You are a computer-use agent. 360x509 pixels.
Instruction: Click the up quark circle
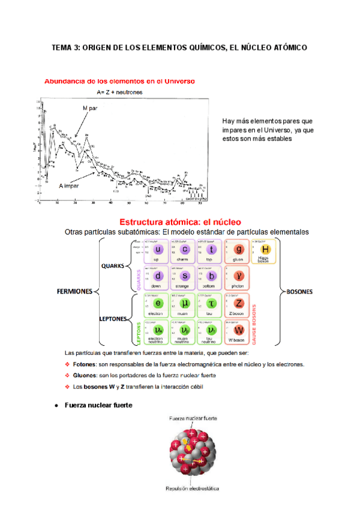(x=159, y=250)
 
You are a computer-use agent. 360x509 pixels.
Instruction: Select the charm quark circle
(x=185, y=250)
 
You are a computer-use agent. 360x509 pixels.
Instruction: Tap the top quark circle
(x=212, y=250)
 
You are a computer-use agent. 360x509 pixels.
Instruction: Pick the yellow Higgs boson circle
(x=266, y=250)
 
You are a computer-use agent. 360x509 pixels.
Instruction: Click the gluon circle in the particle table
(x=239, y=250)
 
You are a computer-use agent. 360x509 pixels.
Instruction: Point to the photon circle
(x=239, y=276)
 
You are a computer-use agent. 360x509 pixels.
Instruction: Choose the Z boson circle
(x=239, y=303)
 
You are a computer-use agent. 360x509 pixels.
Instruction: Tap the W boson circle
(x=239, y=330)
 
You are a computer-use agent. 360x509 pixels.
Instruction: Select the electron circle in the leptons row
(x=159, y=303)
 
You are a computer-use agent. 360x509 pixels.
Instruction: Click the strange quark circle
(x=185, y=277)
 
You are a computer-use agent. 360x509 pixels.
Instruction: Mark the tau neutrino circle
(x=212, y=330)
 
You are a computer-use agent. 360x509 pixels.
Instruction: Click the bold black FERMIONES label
(x=74, y=292)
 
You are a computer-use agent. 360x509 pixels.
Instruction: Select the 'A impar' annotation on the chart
(x=71, y=187)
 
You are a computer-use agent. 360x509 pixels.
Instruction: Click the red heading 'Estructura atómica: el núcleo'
(x=180, y=222)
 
